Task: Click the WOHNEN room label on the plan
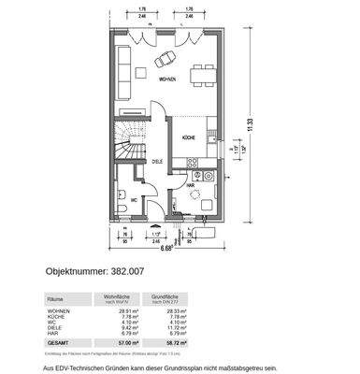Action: [x=169, y=81]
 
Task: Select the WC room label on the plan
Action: [x=136, y=199]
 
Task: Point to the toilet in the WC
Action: [x=122, y=199]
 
